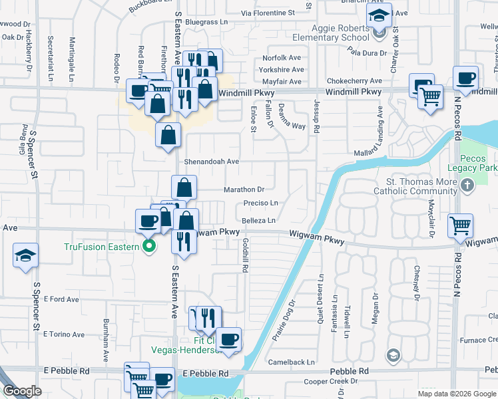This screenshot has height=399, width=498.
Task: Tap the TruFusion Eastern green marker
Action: point(149,247)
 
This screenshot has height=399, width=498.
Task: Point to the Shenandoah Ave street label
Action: point(211,162)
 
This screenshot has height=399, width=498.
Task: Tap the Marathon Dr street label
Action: point(244,190)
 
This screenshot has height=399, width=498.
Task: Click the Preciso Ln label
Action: point(260,203)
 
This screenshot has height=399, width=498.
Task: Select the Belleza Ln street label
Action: point(258,219)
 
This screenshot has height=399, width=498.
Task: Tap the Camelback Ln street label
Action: point(291,362)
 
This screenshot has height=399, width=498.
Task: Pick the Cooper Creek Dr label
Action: point(331,382)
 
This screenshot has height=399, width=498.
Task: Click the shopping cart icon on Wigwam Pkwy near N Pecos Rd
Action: point(460,225)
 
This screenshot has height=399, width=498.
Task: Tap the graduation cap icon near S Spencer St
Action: point(25,255)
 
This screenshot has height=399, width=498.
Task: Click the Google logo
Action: point(23,391)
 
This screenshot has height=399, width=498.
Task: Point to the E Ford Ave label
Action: point(61,299)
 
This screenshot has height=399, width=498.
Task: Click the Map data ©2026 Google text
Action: point(455,393)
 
